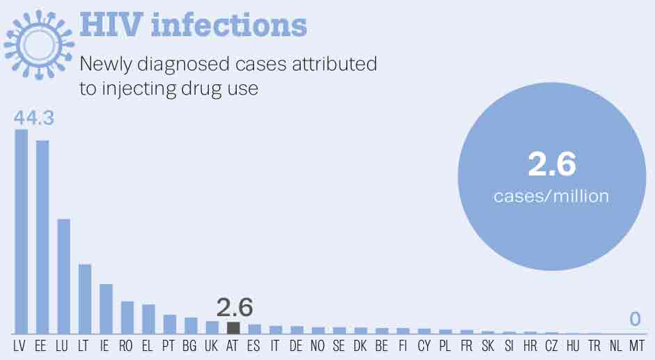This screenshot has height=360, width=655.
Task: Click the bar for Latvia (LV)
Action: coord(22,232)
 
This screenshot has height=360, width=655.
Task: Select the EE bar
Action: coord(42,237)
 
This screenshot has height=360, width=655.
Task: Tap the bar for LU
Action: coord(63,276)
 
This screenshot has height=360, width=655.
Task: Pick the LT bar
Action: coord(85,299)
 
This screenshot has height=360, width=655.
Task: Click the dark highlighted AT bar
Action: coord(233,328)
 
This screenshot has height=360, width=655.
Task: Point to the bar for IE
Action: coord(106,309)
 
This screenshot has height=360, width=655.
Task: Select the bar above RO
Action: coord(127,318)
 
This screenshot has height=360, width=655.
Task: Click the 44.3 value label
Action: coord(34,118)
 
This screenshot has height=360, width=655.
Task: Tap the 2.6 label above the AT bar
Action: coord(235,307)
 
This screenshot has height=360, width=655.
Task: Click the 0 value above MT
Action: coord(635,320)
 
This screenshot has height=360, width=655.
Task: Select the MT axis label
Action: coord(637,346)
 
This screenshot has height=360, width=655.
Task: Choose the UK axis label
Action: coord(212,346)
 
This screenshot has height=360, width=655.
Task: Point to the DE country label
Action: coord(296,346)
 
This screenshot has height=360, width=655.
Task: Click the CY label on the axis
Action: coord(424,346)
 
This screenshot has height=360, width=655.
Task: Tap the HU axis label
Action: coord(573,346)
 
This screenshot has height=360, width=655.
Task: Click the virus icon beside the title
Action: coord(39,45)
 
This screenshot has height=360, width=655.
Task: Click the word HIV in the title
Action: coord(111,25)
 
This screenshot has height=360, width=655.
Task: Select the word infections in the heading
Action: coord(229,25)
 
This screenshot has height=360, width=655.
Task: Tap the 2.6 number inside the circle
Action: coord(552,164)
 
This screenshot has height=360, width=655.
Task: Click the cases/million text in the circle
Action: coord(551,196)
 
